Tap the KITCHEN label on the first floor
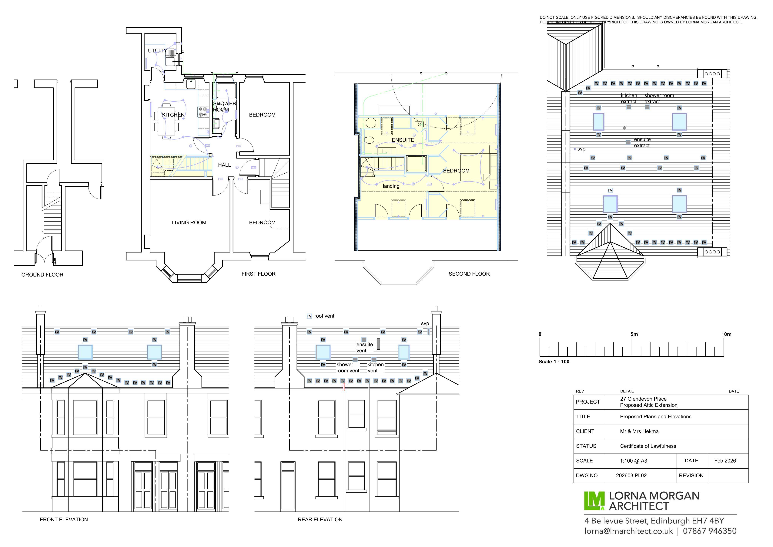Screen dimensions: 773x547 [173, 115]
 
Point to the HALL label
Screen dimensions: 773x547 [224, 165]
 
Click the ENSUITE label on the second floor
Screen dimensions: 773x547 [403, 140]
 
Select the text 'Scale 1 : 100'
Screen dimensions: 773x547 [554, 362]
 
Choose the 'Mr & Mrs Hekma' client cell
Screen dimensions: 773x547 [639, 431]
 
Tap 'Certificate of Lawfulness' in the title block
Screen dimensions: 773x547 [648, 446]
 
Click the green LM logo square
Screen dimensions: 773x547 [594, 501]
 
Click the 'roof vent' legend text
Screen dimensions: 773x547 [324, 316]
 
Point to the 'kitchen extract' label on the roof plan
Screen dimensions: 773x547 [629, 98]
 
